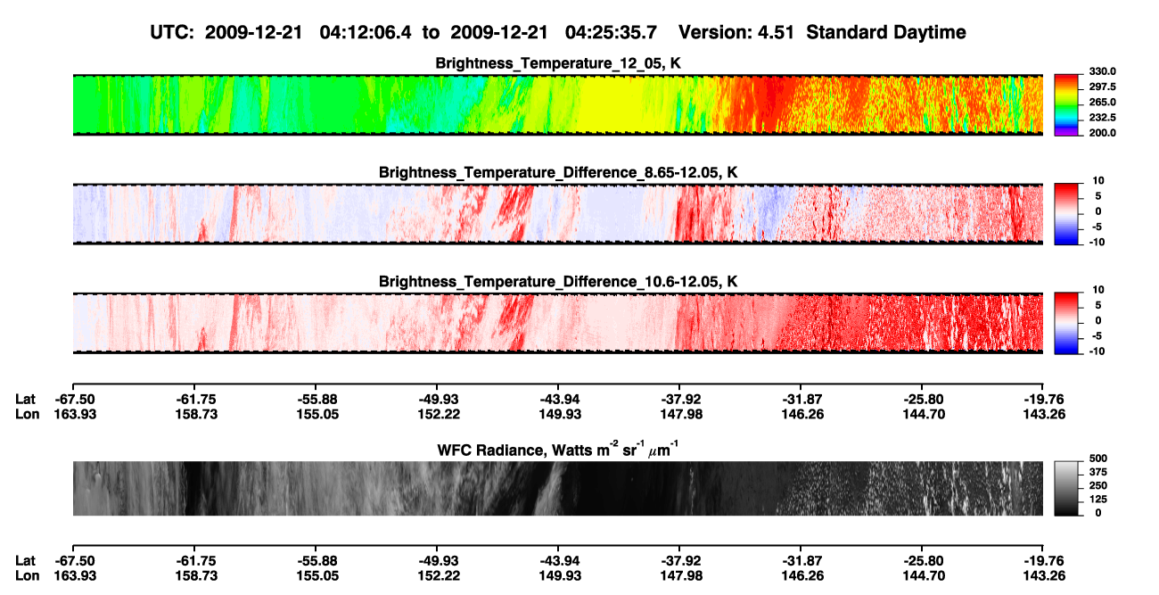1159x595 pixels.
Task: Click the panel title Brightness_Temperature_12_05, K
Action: pyautogui.click(x=558, y=63)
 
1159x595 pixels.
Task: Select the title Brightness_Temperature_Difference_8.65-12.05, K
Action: pyautogui.click(x=558, y=172)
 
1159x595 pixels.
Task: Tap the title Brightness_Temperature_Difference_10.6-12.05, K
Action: pyautogui.click(x=558, y=282)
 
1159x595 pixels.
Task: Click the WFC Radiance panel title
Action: pyautogui.click(x=558, y=450)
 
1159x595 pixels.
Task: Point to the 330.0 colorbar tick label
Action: pyautogui.click(x=1102, y=71)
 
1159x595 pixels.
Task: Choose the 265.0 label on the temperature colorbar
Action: pyautogui.click(x=1102, y=102)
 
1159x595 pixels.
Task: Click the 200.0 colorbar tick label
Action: pyautogui.click(x=1102, y=133)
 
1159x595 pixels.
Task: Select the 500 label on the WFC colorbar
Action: pyautogui.click(x=1098, y=459)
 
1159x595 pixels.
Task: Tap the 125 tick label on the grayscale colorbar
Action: pyautogui.click(x=1098, y=500)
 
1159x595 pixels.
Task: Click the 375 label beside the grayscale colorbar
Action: pyautogui.click(x=1098, y=472)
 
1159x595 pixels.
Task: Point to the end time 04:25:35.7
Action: pyautogui.click(x=611, y=33)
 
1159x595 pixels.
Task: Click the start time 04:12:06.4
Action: pyautogui.click(x=366, y=33)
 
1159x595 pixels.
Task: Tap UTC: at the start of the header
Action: pyautogui.click(x=172, y=33)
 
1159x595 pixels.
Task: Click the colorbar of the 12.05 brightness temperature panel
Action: pyautogui.click(x=1066, y=105)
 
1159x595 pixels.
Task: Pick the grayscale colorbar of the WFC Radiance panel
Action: pyautogui.click(x=1066, y=488)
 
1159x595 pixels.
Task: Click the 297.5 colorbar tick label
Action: pyautogui.click(x=1102, y=87)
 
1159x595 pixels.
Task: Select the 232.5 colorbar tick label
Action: pyautogui.click(x=1102, y=118)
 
